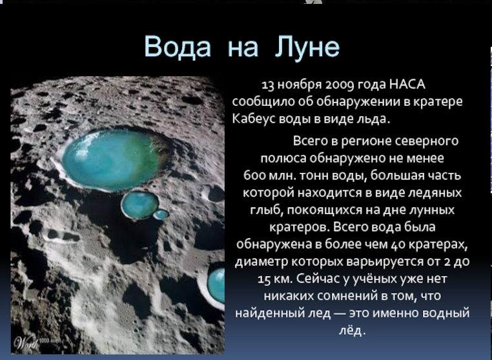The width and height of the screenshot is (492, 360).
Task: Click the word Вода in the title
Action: tap(178, 46)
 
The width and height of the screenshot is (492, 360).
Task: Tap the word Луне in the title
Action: tap(307, 47)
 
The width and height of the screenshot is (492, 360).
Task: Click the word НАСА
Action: tap(407, 84)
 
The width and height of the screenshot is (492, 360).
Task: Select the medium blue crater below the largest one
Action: tap(140, 205)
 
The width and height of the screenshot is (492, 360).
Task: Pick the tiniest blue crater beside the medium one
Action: tap(161, 214)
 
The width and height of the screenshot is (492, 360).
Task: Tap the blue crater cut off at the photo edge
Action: tap(216, 285)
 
